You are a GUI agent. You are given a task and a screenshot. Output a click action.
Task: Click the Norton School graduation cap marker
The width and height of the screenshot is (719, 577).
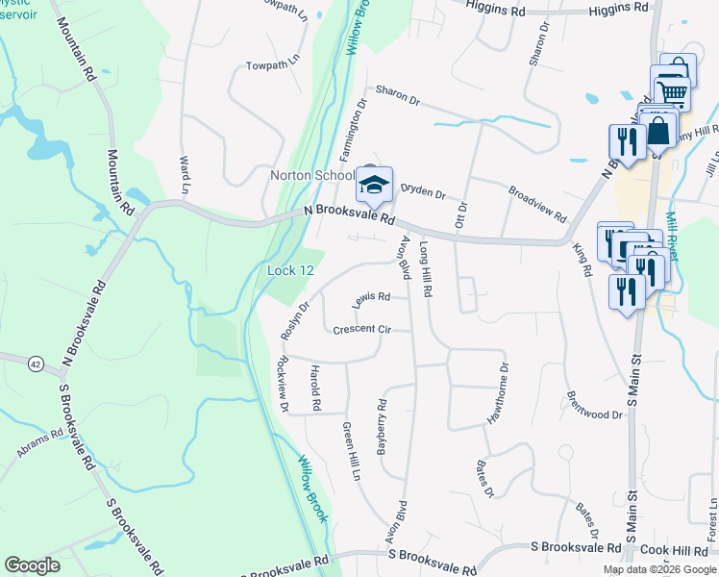tap(374, 183)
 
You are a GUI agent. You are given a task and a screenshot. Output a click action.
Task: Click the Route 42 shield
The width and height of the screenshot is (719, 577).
tap(36, 364)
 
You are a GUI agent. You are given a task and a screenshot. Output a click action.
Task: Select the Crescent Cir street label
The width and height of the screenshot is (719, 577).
tap(361, 330)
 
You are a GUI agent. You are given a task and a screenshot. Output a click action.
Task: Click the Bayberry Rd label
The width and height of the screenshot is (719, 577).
tap(382, 427)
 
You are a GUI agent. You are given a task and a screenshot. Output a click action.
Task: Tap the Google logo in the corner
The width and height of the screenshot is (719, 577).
tap(32, 564)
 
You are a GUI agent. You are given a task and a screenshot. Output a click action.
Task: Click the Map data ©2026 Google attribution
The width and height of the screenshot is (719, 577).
tap(659, 569)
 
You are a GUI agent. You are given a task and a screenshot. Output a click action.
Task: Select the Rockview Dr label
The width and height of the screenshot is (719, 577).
tap(281, 385)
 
